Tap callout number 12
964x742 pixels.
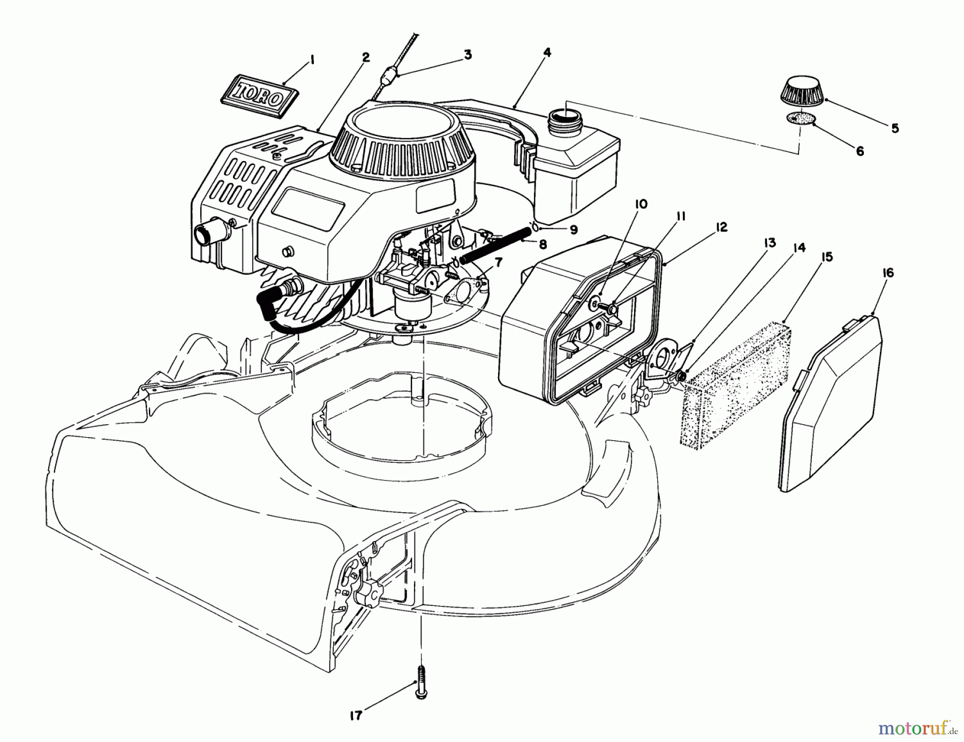[x=721, y=227]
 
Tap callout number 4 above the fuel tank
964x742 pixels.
[x=546, y=53]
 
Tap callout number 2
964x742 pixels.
[x=366, y=57]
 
